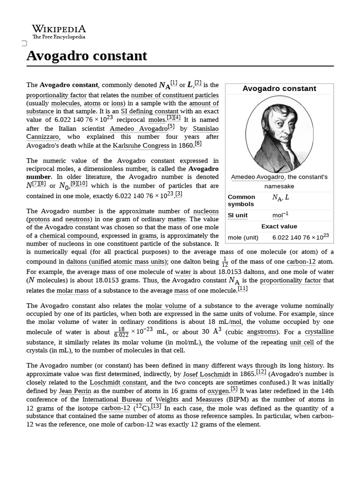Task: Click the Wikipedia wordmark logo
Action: pos(59,31)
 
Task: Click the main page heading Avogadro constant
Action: pos(87,56)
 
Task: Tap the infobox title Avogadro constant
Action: pos(279,89)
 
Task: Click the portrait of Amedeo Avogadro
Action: pos(279,133)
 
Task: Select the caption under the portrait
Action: pos(279,181)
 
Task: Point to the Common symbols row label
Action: pos(241,200)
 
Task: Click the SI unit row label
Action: pos(238,215)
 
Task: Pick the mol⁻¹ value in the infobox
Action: pos(280,215)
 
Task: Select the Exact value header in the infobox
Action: pos(279,226)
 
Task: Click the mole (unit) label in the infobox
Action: pos(243,237)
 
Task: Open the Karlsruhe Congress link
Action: pos(141,145)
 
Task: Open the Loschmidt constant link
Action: pos(119,382)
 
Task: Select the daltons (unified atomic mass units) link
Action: pos(116,262)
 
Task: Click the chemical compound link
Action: pos(69,236)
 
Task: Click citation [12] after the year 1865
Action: pos(261,373)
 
